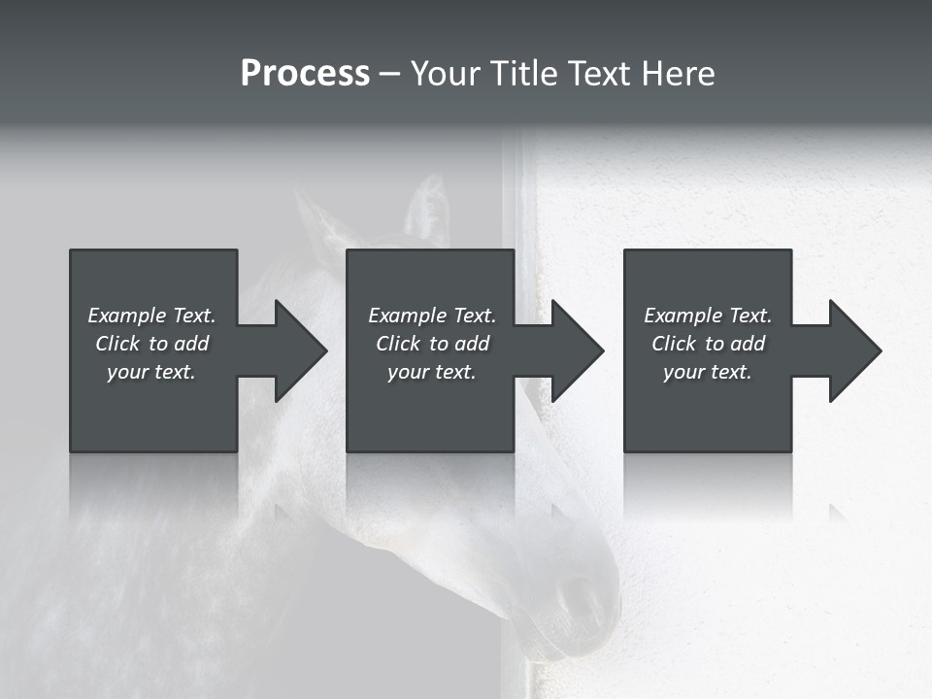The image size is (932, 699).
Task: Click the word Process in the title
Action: pyautogui.click(x=305, y=74)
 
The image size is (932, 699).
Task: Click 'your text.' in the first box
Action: pyautogui.click(x=151, y=372)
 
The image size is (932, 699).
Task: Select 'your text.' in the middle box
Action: pyautogui.click(x=431, y=372)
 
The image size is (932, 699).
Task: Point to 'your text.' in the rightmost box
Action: pyautogui.click(x=707, y=372)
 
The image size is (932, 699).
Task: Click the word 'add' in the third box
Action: pyautogui.click(x=748, y=344)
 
